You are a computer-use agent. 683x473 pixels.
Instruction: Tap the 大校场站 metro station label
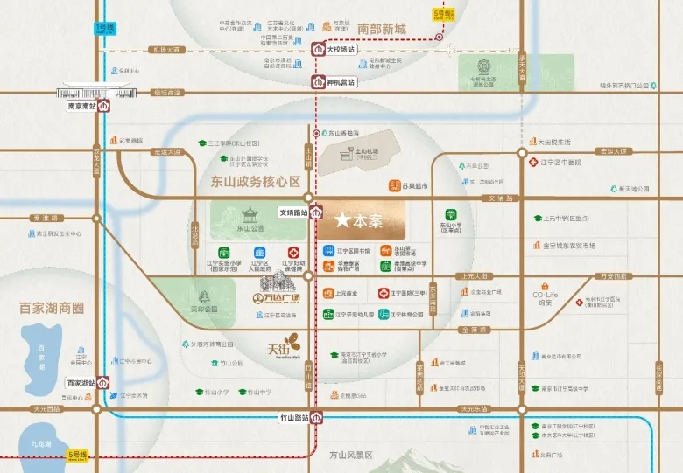(x=341, y=51)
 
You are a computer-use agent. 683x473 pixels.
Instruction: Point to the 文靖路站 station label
(x=293, y=212)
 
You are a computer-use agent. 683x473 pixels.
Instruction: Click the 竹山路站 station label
(x=295, y=418)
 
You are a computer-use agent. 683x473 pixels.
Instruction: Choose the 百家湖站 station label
(x=81, y=383)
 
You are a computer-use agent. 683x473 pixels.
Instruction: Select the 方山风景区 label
(x=349, y=456)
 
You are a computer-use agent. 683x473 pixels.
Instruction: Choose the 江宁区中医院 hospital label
(x=567, y=162)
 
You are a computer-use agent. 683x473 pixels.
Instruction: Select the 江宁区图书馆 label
(x=353, y=251)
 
